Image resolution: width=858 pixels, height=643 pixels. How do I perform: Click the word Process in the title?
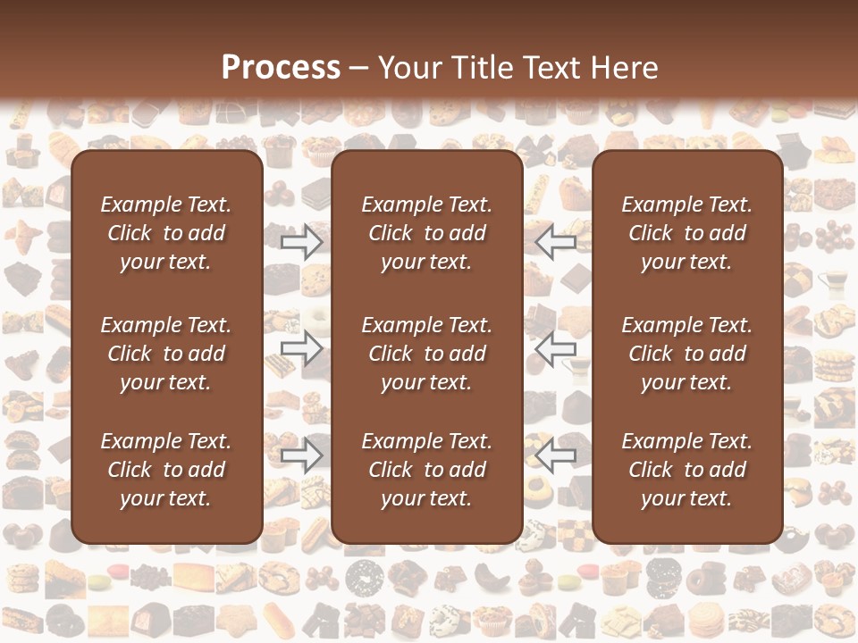(x=281, y=68)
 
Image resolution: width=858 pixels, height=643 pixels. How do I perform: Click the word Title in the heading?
(x=483, y=68)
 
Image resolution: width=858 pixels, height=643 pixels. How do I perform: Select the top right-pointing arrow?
(x=301, y=241)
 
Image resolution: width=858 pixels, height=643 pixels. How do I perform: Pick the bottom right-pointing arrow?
(x=301, y=456)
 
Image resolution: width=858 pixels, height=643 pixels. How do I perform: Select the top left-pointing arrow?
(x=556, y=241)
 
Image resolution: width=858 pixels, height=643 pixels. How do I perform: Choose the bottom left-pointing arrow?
(x=556, y=456)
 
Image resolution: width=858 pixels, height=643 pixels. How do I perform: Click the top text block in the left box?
(x=166, y=233)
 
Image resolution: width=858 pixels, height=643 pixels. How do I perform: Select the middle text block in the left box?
(x=166, y=354)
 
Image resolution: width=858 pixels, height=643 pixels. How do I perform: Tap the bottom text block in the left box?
(x=166, y=470)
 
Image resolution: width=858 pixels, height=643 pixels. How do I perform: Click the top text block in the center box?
(x=427, y=233)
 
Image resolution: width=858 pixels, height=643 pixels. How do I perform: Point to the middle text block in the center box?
(x=427, y=354)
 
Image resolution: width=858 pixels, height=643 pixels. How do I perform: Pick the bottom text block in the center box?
(x=427, y=470)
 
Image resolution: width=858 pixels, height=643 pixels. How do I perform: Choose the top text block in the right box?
(x=687, y=233)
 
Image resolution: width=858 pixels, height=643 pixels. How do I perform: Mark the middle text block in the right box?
(x=687, y=354)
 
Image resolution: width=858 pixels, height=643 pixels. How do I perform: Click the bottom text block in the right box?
(x=687, y=470)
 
